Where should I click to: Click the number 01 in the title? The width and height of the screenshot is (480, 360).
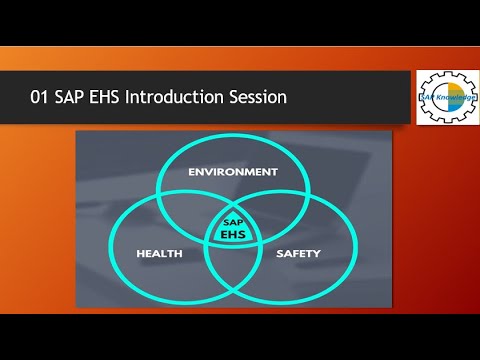click(42, 98)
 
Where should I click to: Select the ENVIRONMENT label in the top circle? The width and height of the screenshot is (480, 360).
click(233, 172)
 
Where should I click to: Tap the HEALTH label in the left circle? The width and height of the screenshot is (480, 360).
click(159, 254)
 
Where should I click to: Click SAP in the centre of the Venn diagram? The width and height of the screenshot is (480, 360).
click(232, 220)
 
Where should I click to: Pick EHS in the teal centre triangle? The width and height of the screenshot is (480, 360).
click(232, 234)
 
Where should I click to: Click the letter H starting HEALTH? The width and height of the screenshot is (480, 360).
click(140, 254)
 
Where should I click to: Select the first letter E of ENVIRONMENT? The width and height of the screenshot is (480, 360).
click(193, 172)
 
